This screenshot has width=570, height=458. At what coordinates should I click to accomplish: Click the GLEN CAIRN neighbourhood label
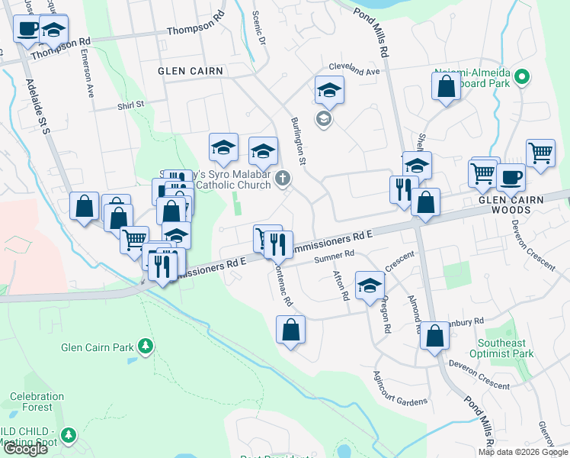(x=191, y=71)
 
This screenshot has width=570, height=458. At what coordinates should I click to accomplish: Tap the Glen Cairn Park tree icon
(x=146, y=347)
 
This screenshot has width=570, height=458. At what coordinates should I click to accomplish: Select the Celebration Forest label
(x=37, y=402)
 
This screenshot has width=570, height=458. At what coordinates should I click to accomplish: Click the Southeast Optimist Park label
(x=506, y=349)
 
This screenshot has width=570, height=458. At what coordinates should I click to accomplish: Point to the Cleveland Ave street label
(x=356, y=72)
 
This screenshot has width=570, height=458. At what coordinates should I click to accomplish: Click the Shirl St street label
(x=130, y=105)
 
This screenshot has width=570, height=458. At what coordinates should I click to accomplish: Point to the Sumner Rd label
(x=335, y=256)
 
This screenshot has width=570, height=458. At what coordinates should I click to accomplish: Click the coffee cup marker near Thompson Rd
(x=27, y=29)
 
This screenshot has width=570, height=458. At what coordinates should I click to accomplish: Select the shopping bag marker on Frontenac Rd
(x=290, y=331)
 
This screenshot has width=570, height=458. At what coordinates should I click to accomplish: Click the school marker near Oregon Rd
(x=370, y=285)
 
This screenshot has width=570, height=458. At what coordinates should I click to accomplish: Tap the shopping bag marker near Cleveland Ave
(x=447, y=85)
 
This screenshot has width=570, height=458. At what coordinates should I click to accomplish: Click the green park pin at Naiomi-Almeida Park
(x=522, y=77)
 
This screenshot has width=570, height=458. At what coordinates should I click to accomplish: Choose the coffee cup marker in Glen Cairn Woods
(x=511, y=177)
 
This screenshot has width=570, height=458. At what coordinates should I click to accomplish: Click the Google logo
(x=25, y=449)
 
